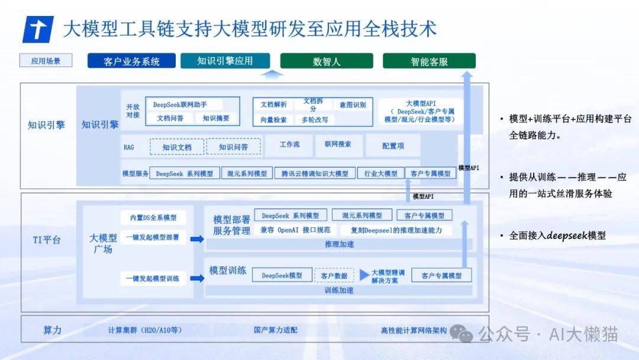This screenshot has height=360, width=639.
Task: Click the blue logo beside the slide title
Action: tap(38, 30)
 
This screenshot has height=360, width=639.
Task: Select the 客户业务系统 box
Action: tap(131, 61)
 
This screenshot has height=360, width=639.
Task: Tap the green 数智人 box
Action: tap(327, 61)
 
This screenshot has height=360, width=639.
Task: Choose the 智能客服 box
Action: tap(429, 61)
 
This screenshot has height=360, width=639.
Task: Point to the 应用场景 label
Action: tap(46, 61)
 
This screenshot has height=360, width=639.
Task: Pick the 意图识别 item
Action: tap(353, 105)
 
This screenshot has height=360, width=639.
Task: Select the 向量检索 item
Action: tap(273, 120)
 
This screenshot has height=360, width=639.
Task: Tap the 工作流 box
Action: tap(289, 144)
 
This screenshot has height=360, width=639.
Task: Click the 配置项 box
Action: tap(393, 146)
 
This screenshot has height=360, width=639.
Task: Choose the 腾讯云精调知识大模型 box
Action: tap(315, 173)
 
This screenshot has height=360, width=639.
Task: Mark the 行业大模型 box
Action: tap(380, 173)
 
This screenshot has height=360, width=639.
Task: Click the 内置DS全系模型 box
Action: tap(153, 218)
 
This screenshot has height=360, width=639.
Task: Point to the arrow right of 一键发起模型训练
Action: tap(197, 278)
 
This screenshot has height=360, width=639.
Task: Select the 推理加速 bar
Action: tap(339, 244)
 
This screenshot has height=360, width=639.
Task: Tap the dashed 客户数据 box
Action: tap(334, 275)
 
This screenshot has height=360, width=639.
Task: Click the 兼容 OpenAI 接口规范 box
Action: tap(295, 230)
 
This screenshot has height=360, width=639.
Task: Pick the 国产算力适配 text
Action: tap(276, 330)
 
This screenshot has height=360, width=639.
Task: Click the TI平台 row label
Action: tap(47, 240)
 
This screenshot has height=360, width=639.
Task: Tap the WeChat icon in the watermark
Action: tap(461, 333)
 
